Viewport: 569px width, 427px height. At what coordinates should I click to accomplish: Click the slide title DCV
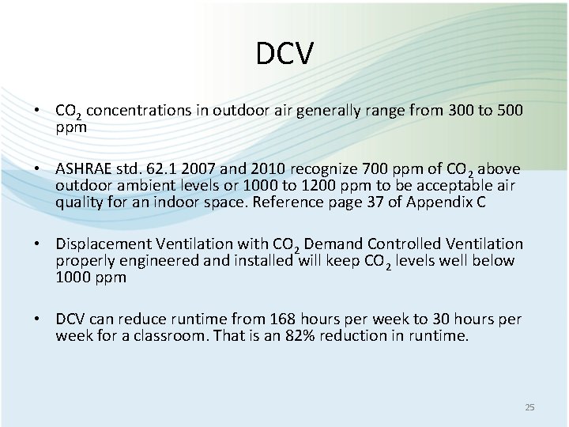point(284,54)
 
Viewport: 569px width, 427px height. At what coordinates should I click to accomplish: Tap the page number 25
point(529,407)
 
